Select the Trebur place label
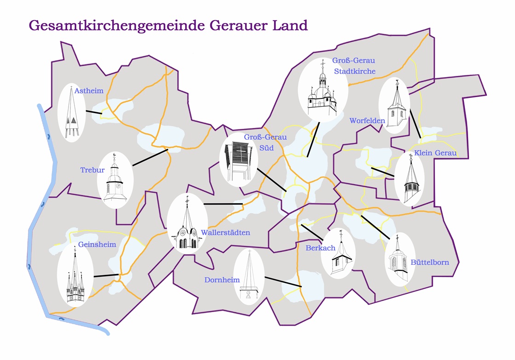click(x=92, y=170)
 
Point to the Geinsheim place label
click(x=97, y=244)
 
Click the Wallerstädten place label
click(x=225, y=233)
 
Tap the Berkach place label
click(x=320, y=248)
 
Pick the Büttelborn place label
click(x=429, y=263)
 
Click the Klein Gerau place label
click(x=435, y=153)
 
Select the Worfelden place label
click(x=367, y=120)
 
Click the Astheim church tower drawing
click(x=72, y=113)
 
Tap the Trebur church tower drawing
click(x=115, y=180)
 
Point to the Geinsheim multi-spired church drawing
click(x=75, y=276)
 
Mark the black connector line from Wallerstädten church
click(x=223, y=203)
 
